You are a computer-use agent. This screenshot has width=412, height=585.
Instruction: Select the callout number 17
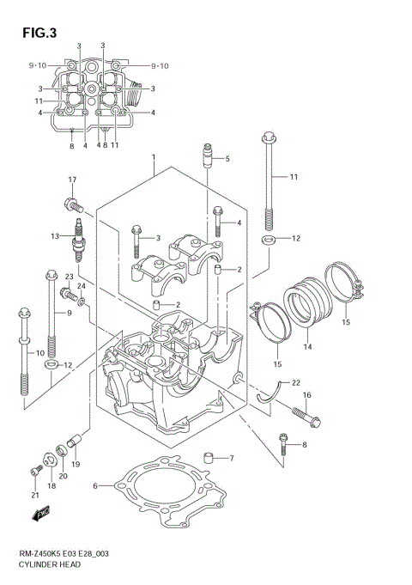73,180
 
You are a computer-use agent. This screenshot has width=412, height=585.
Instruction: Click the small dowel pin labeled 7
208,455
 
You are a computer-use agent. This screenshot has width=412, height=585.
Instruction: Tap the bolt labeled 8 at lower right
283,442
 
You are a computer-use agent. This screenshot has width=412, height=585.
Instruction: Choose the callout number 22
295,383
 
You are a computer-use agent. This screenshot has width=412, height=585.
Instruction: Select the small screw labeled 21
35,471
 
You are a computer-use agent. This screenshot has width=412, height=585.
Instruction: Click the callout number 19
76,465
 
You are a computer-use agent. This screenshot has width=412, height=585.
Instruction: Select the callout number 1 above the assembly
153,158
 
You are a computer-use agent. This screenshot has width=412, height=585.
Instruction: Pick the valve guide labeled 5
207,157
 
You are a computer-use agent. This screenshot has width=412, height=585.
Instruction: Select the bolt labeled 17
72,204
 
